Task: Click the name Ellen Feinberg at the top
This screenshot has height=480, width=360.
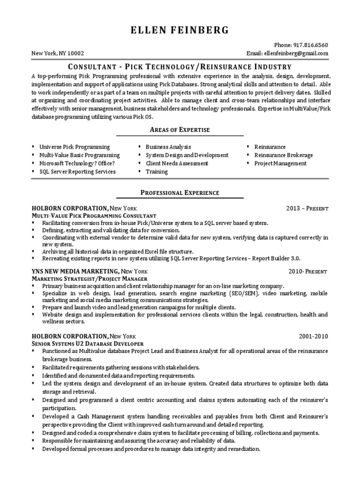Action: pyautogui.click(x=180, y=30)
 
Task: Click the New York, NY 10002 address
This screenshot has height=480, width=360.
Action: pyautogui.click(x=58, y=53)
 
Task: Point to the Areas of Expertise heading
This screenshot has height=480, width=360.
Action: pyautogui.click(x=180, y=129)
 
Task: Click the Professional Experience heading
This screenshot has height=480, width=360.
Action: pyautogui.click(x=180, y=193)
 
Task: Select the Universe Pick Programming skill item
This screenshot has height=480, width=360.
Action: pyautogui.click(x=75, y=147)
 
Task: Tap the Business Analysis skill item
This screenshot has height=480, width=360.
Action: pyautogui.click(x=168, y=147)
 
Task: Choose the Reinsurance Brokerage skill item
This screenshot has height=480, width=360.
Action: pyautogui.click(x=283, y=155)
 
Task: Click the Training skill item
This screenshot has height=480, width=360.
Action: pyautogui.click(x=157, y=172)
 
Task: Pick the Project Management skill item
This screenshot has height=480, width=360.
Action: pyautogui.click(x=280, y=164)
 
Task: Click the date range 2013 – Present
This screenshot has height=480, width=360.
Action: pyautogui.click(x=307, y=208)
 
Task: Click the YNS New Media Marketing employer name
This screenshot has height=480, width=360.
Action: pyautogui.click(x=75, y=271)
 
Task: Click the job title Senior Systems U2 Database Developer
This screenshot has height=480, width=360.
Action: pyautogui.click(x=87, y=344)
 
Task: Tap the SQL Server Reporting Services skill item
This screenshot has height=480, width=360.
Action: pyautogui.click(x=77, y=172)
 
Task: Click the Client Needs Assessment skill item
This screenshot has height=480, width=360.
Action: pyautogui.click(x=177, y=164)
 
